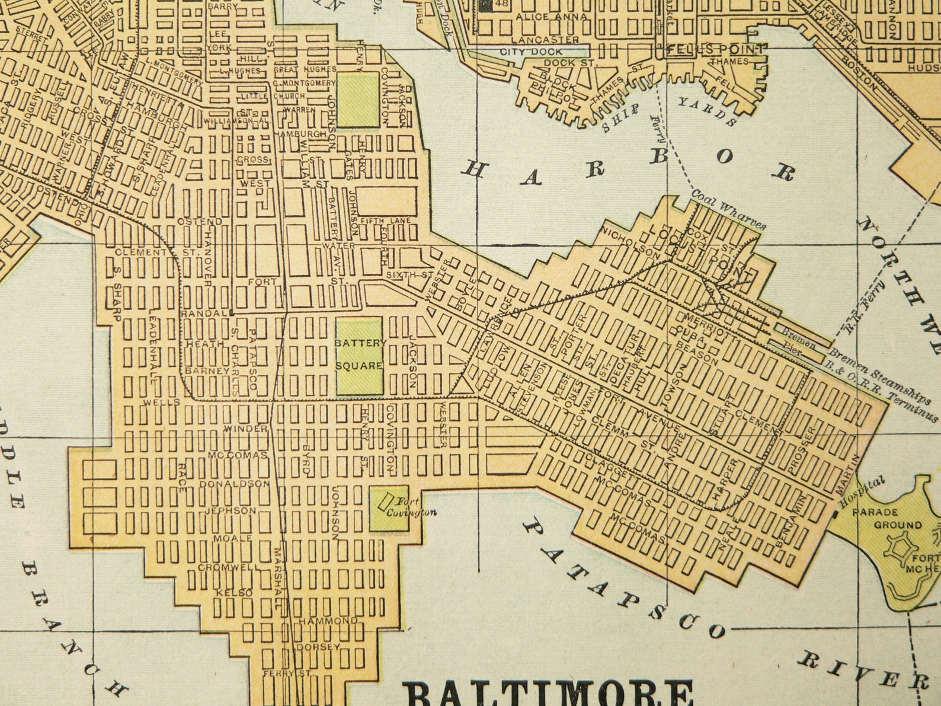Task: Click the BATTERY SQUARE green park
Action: (360, 356)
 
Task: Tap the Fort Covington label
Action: (411, 507)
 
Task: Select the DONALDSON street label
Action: (235, 484)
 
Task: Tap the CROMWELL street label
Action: (229, 567)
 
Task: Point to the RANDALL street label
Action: (204, 312)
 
